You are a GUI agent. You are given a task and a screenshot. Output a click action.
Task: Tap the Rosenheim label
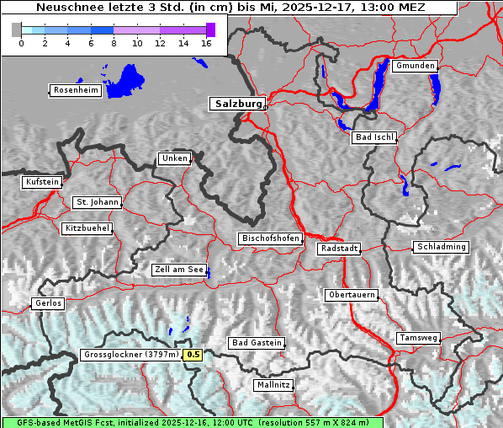[x=75, y=90]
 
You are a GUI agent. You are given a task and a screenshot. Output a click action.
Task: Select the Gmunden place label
[x=416, y=66]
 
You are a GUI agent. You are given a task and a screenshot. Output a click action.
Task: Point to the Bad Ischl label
[x=373, y=137]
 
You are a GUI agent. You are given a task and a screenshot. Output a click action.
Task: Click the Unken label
[x=173, y=158]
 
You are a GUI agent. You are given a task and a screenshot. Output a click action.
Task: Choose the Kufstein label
[x=41, y=182]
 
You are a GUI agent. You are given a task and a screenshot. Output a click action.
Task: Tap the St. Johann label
[x=97, y=202]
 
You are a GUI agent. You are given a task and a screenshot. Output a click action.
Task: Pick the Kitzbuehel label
[x=87, y=228]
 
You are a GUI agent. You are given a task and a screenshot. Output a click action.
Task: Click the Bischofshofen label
[x=270, y=239]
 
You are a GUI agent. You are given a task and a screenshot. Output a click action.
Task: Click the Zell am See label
[x=179, y=270]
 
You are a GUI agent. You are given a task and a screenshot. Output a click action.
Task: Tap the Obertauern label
[x=352, y=296]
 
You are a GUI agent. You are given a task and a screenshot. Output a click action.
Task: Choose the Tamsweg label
[x=418, y=338]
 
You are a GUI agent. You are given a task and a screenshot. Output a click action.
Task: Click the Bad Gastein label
[x=257, y=343]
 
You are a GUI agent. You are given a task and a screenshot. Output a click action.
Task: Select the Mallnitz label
[x=273, y=385]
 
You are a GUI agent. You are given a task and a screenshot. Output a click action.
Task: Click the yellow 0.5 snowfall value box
[x=193, y=355]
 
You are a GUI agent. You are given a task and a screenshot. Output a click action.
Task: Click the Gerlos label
[x=47, y=303]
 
